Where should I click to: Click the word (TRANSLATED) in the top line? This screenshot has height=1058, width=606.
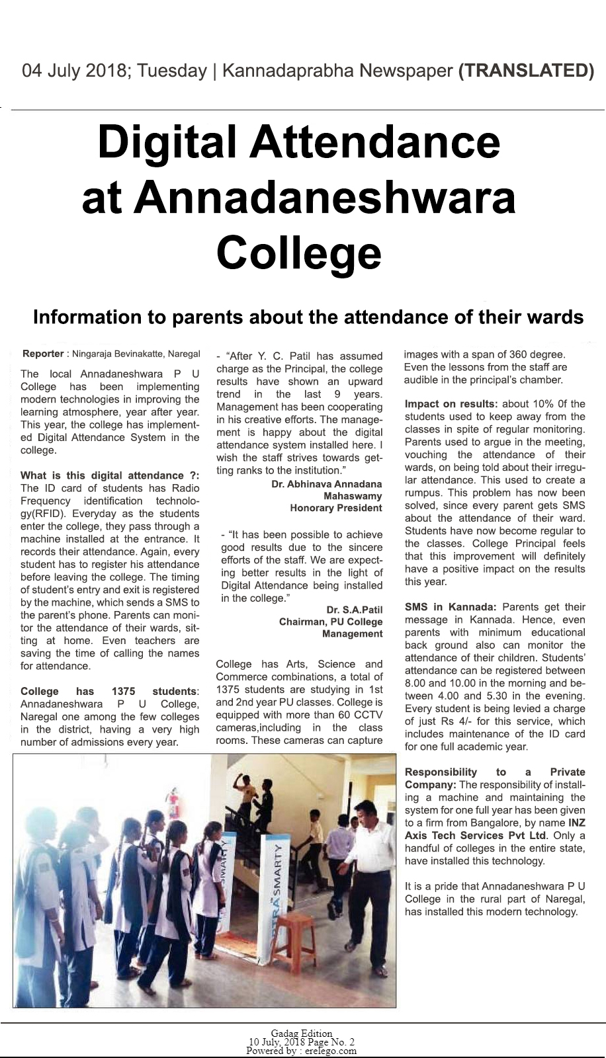526,71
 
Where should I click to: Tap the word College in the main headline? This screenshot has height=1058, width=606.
299,253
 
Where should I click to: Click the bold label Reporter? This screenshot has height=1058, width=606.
43,354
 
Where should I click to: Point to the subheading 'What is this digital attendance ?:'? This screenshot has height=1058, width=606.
109,475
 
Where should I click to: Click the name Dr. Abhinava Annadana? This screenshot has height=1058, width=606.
326,484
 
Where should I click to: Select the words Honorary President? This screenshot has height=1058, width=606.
335,508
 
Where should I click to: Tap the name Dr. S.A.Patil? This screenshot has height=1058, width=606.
354,610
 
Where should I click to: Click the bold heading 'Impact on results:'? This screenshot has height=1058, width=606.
451,404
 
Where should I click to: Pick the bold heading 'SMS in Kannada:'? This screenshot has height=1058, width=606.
451,607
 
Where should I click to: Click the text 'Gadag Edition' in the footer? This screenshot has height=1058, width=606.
302,1034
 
